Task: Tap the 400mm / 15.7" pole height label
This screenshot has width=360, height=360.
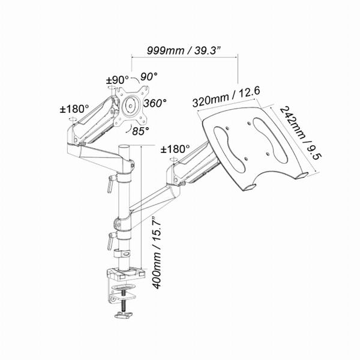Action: pyautogui.click(x=157, y=253)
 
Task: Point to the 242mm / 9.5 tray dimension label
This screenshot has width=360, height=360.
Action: pyautogui.click(x=301, y=133)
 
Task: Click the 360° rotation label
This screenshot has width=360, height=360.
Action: pyautogui.click(x=155, y=103)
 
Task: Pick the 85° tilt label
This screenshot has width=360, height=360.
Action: pyautogui.click(x=140, y=131)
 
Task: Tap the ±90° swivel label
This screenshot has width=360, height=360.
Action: pyautogui.click(x=118, y=80)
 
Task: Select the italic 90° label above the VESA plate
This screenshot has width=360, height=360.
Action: pyautogui.click(x=149, y=76)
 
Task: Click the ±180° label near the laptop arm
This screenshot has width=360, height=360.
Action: pyautogui.click(x=175, y=149)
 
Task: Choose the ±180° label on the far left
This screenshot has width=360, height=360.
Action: pyautogui.click(x=74, y=109)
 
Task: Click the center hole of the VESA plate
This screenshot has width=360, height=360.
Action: pyautogui.click(x=130, y=106)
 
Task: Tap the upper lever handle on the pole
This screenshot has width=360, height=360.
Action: pyautogui.click(x=111, y=182)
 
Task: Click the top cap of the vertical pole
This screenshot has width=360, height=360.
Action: pyautogui.click(x=124, y=147)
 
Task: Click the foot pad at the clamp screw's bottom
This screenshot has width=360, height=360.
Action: pyautogui.click(x=124, y=315)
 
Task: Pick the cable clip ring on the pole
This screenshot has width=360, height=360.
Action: pyautogui.click(x=122, y=254)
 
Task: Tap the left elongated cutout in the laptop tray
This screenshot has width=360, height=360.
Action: pyautogui.click(x=230, y=149)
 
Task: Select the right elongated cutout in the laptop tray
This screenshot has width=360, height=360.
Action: pyautogui.click(x=270, y=140)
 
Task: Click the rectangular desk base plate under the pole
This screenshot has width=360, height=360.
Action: pyautogui.click(x=126, y=274)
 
